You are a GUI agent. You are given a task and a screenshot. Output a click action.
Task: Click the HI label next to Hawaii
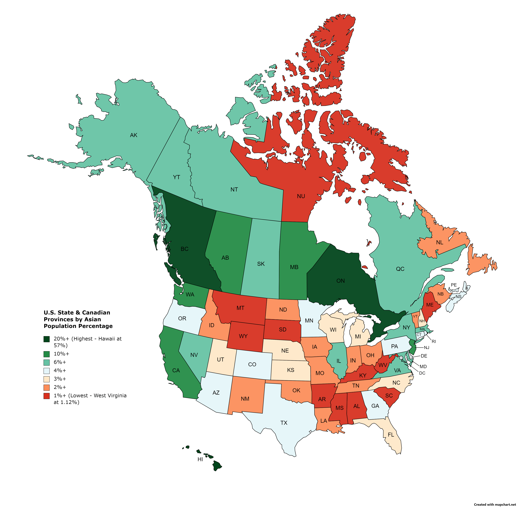click(200, 459)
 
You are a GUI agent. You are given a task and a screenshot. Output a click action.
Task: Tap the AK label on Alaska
click(134, 135)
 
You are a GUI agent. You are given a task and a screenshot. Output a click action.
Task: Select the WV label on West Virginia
click(383, 365)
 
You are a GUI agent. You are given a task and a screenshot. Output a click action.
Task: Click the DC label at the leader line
click(422, 373)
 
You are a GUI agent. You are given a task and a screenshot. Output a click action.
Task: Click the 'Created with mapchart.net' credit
click(495, 505)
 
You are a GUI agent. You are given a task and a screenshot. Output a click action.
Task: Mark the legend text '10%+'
click(62, 354)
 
